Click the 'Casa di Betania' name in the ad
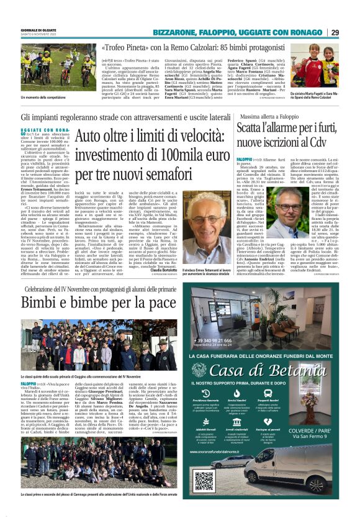(268, 371)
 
